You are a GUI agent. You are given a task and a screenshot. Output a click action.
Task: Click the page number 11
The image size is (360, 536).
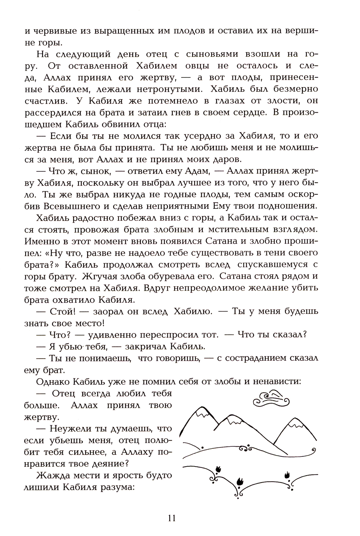[x=171, y=518]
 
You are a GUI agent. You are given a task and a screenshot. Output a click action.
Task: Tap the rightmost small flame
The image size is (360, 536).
[x=288, y=474]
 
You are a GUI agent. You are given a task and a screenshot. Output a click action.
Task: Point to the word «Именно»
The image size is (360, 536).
[x=44, y=241]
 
